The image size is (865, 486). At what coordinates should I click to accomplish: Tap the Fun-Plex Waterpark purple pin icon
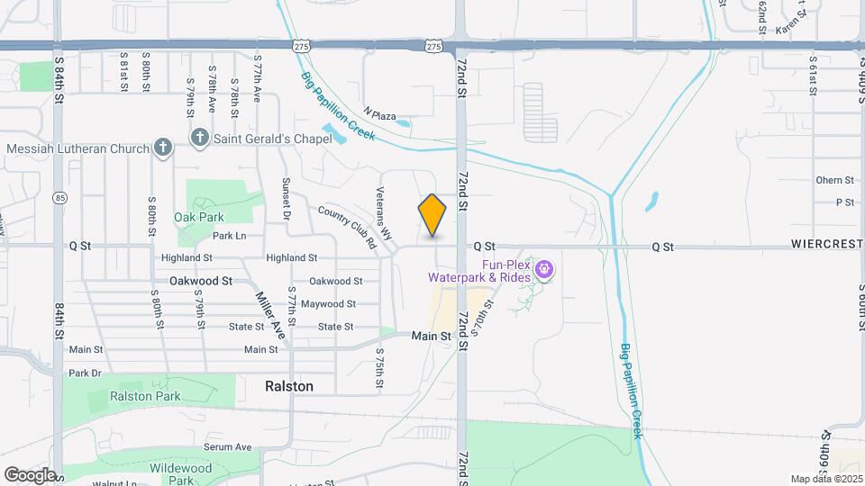[x=543, y=268]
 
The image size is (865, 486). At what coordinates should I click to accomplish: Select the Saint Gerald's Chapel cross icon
[x=198, y=138]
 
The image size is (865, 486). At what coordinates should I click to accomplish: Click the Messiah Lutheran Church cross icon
[x=162, y=148]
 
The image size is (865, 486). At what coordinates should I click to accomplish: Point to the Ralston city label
[x=289, y=386]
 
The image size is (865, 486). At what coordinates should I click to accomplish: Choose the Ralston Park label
[x=146, y=396]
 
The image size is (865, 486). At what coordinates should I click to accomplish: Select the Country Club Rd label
[x=347, y=227]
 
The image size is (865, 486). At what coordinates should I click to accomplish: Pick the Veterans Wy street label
[x=385, y=212]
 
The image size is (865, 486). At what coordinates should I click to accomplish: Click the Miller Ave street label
[x=269, y=315]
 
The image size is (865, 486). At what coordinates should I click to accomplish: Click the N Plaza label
[x=380, y=116]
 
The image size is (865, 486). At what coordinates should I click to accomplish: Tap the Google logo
[x=30, y=474]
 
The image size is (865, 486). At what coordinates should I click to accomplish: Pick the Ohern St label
[x=834, y=180]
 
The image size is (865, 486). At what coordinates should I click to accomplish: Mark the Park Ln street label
[x=229, y=236]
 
